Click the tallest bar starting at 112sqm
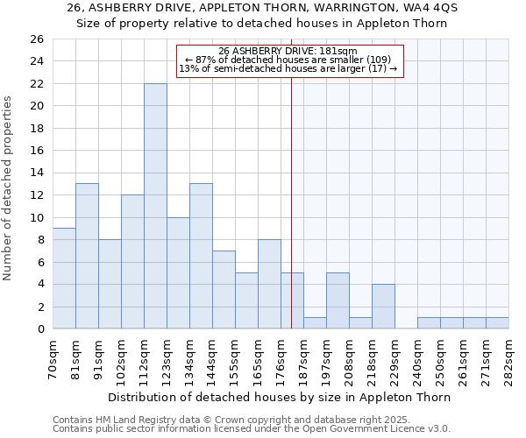click(155, 206)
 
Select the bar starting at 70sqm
click(64, 279)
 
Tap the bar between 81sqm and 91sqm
click(87, 256)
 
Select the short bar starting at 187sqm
click(315, 323)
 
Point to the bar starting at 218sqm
click(383, 307)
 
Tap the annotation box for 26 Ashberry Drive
click(290, 61)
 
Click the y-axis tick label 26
click(36, 39)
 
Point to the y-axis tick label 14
click(36, 173)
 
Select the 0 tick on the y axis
click(39, 329)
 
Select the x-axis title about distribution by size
click(281, 397)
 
